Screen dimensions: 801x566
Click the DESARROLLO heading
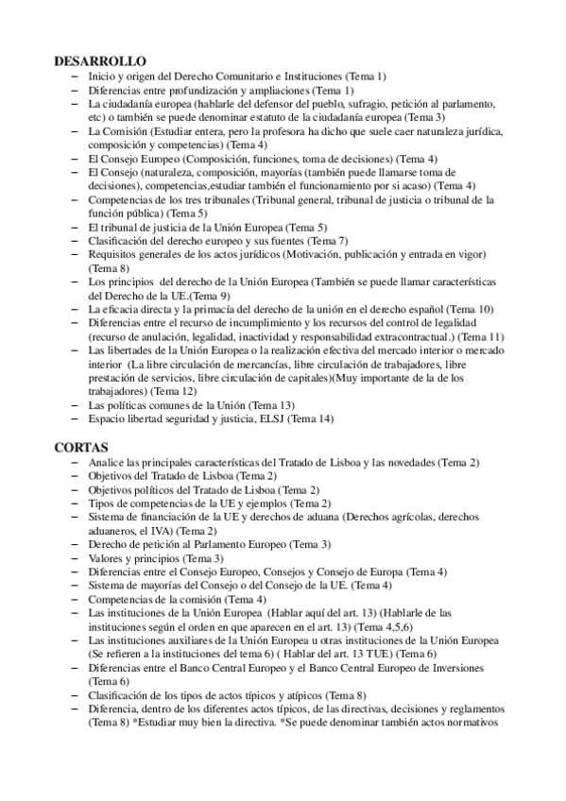coord(100,60)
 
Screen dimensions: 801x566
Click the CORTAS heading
coord(82,446)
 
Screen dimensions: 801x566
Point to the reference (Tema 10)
coord(470,309)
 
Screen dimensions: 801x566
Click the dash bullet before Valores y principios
coord(75,558)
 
